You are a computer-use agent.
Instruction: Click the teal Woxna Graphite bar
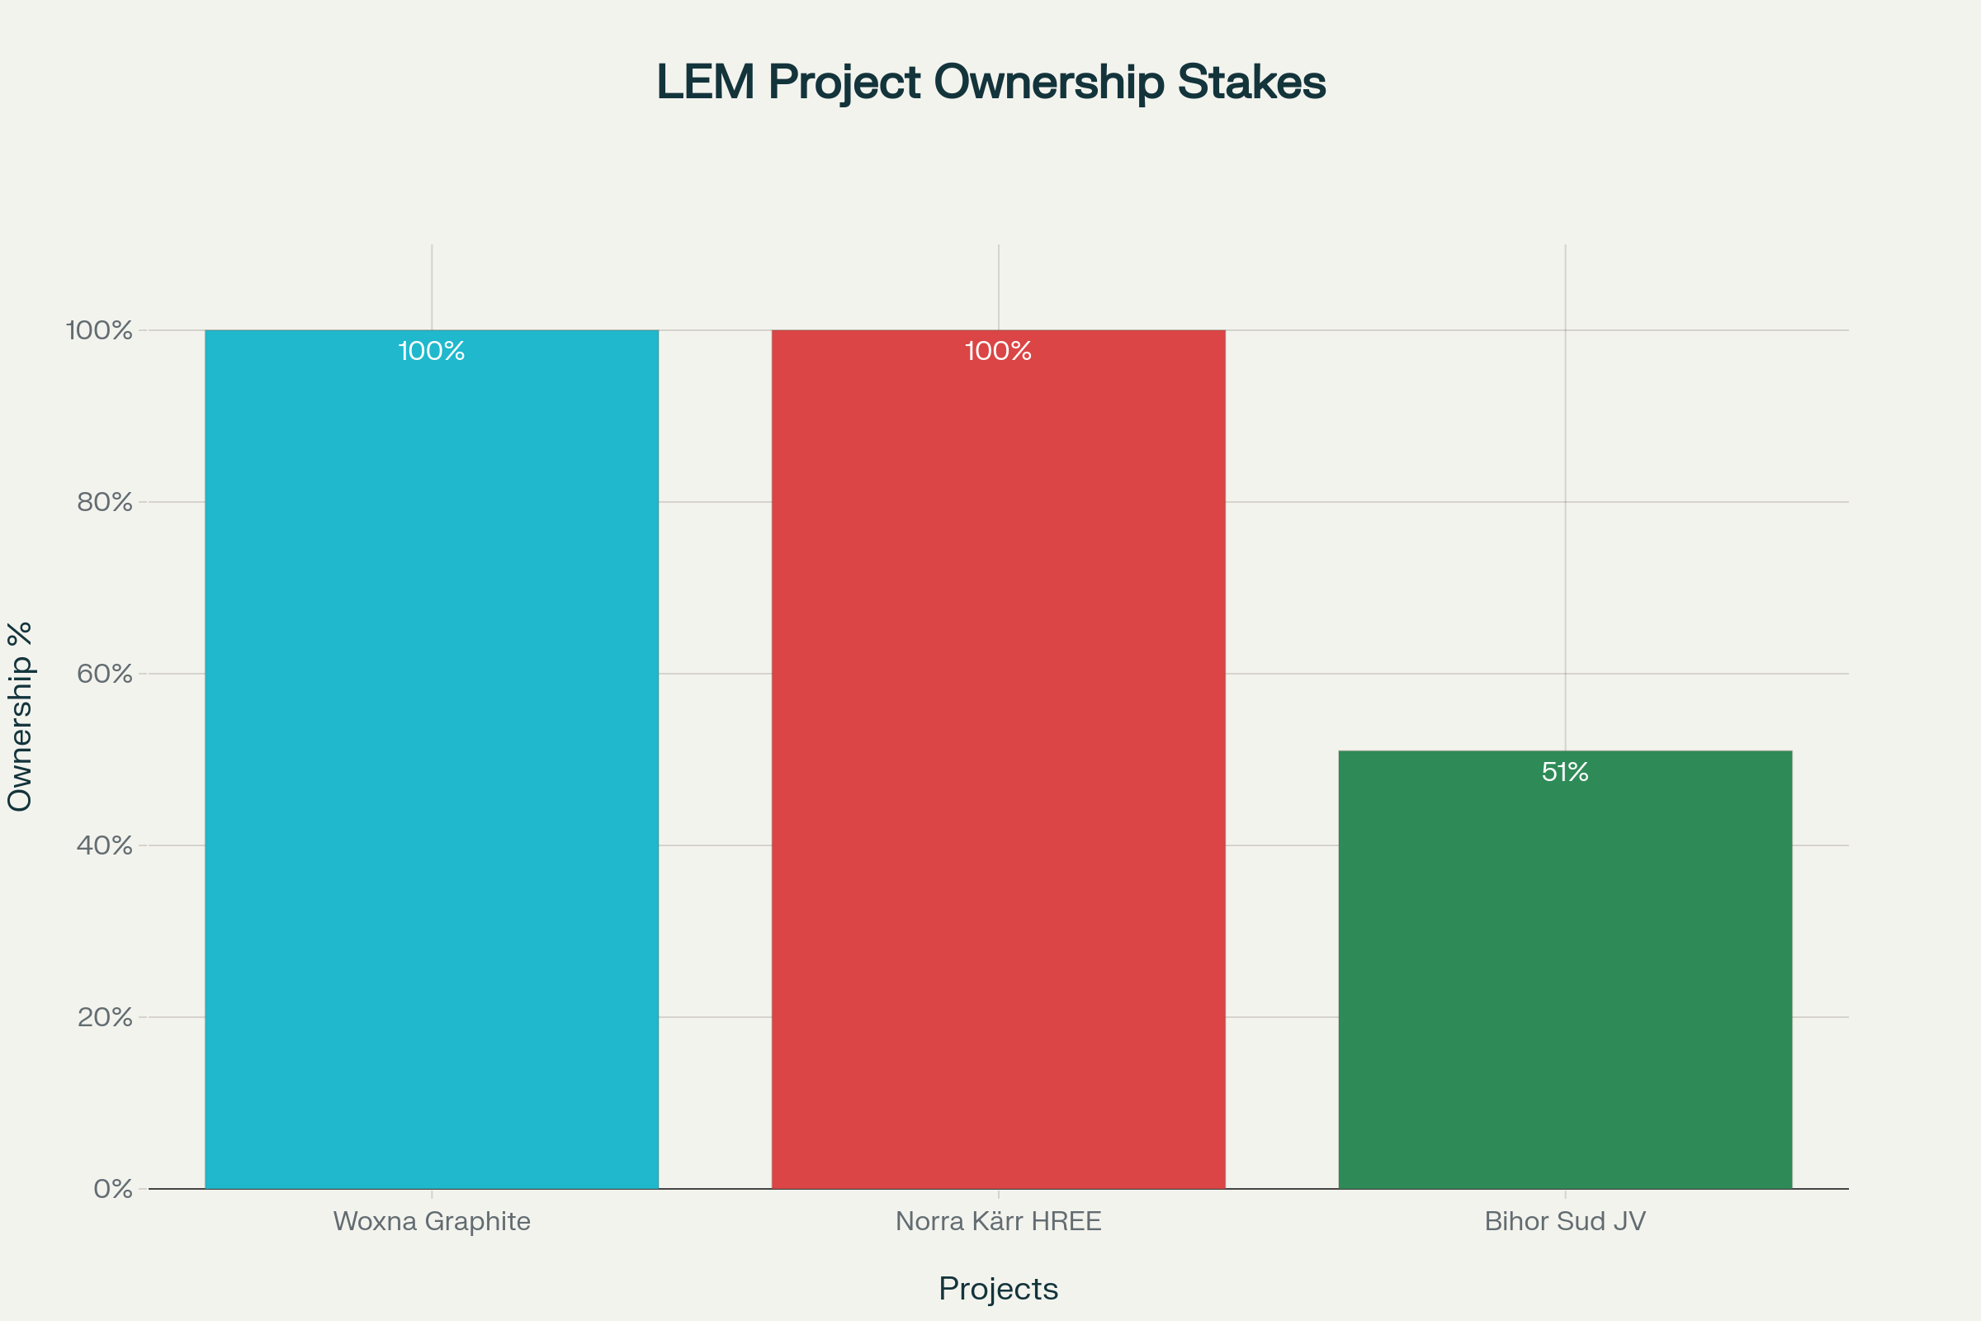[431, 758]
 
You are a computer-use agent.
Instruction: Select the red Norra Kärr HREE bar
[998, 758]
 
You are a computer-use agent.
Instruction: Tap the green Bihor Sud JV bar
[1565, 968]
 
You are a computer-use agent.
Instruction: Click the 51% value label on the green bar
[1565, 772]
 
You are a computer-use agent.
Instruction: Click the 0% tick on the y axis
[113, 1190]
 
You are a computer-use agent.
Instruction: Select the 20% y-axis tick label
[106, 1018]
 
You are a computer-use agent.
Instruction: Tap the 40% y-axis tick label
[106, 845]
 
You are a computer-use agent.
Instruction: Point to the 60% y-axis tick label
[106, 674]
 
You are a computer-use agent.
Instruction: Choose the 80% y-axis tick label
[106, 502]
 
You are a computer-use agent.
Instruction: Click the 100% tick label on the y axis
[99, 330]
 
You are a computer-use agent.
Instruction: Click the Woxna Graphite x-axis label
[431, 1222]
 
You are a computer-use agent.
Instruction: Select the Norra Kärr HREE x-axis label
[998, 1222]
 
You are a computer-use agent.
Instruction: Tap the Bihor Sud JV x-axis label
[1565, 1222]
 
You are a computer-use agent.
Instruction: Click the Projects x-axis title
[998, 1289]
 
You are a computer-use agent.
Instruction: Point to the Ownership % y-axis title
[19, 716]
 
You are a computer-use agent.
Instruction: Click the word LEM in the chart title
[705, 83]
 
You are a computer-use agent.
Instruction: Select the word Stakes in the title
[1251, 83]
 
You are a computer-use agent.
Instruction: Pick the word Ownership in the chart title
[1048, 83]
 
